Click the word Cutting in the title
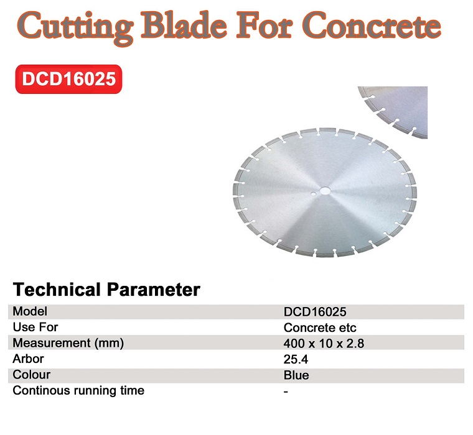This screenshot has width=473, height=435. coord(75,28)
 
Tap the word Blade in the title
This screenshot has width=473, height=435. coord(184,25)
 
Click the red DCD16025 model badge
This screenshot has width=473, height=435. coord(69,79)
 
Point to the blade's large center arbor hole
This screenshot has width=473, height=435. coord(325,191)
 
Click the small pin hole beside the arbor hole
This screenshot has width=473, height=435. coord(315,195)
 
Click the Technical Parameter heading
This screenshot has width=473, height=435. coord(106,290)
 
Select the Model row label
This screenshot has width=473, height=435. coord(30,311)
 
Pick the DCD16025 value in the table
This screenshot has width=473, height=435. coord(315,312)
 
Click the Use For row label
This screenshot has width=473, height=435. coord(35,327)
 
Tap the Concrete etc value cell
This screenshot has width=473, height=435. coord(320,327)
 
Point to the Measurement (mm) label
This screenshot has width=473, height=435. coord(68,343)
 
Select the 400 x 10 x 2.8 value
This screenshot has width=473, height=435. coord(324,344)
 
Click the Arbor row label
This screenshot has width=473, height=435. coord(28,359)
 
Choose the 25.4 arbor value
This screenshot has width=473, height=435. coord(296,359)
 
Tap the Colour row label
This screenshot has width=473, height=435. coord(31,375)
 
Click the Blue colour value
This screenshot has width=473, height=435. coord(296,375)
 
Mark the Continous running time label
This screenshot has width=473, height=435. coord(78,391)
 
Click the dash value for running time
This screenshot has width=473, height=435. coord(286,391)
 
